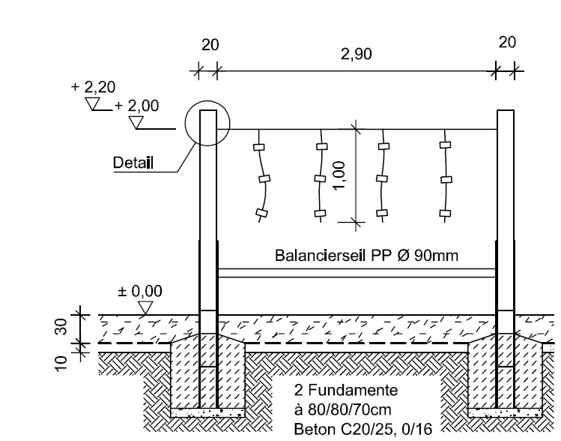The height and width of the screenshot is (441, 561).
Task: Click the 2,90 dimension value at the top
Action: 356,55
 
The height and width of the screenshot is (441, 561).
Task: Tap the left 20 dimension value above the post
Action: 210,45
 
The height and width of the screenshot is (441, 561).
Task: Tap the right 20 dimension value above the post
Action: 507,42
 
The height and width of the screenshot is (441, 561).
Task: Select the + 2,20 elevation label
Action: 93,88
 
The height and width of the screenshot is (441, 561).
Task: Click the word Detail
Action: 133,163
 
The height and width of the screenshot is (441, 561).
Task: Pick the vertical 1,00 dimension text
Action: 342,176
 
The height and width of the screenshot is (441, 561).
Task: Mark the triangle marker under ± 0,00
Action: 146,307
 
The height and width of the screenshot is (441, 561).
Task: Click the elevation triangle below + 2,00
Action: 136,121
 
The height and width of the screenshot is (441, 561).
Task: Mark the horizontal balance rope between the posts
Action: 357,272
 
